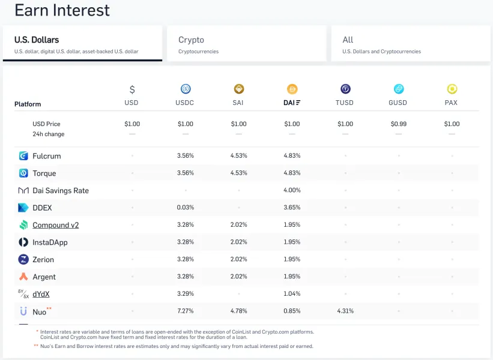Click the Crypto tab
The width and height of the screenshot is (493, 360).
(247, 43)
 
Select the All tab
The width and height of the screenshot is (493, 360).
(411, 43)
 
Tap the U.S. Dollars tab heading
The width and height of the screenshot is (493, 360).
(37, 40)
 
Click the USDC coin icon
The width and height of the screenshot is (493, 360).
(186, 89)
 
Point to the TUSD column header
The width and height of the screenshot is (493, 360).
(345, 103)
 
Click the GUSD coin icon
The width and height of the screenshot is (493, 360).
(399, 89)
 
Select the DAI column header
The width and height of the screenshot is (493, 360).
(292, 103)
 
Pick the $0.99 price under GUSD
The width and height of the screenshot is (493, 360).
(398, 124)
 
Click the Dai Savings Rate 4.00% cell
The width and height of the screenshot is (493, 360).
(292, 190)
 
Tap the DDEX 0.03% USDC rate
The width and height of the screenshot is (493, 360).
(185, 208)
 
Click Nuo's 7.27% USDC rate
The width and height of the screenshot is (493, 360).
(185, 311)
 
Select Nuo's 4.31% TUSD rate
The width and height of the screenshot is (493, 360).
(345, 311)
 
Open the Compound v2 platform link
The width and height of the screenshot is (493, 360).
(56, 225)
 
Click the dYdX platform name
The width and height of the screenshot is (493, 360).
(41, 295)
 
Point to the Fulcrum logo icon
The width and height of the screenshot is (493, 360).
(23, 155)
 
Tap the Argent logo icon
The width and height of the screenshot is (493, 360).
(23, 277)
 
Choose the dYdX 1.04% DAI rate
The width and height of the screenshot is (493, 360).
(292, 294)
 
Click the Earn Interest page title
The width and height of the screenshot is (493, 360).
(62, 10)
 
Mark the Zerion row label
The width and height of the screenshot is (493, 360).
(43, 260)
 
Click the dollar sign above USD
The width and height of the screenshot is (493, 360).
(132, 89)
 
